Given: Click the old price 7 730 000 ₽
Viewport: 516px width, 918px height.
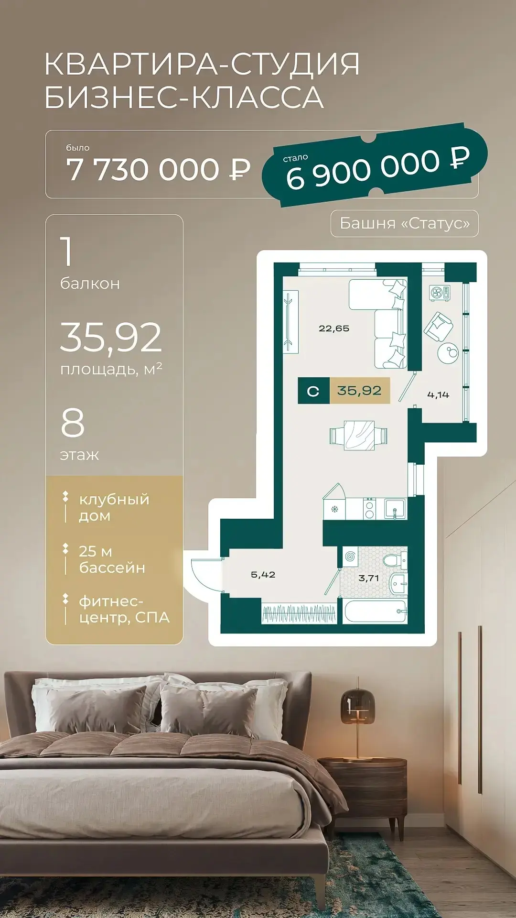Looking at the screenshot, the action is point(158,170).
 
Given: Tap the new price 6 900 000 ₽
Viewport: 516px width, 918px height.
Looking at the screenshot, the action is point(378,168).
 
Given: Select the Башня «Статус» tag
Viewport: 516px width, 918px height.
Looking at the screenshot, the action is point(405,223).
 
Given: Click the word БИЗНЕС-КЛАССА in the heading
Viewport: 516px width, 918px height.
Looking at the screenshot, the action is point(184,97).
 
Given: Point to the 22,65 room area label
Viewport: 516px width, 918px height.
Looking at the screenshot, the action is point(334,328).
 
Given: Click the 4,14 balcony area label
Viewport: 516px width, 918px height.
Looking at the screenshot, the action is point(438,394).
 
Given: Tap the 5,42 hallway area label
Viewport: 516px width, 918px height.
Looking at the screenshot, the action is point(263,575).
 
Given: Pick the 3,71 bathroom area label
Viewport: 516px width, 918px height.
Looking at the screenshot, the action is point(368,578).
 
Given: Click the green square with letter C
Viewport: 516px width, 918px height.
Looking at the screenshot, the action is point(313,391).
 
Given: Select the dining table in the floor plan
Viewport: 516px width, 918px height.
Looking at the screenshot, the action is point(358,436).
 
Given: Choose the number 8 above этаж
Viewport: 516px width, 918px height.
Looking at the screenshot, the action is point(73,423).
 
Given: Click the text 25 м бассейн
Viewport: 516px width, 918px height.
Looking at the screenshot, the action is point(112,559).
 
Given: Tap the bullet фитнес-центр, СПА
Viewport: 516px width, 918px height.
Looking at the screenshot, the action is point(124,609).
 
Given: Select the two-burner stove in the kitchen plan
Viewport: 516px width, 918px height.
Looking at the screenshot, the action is point(369,509).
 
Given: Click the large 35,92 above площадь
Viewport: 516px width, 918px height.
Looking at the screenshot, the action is point(111,337).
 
